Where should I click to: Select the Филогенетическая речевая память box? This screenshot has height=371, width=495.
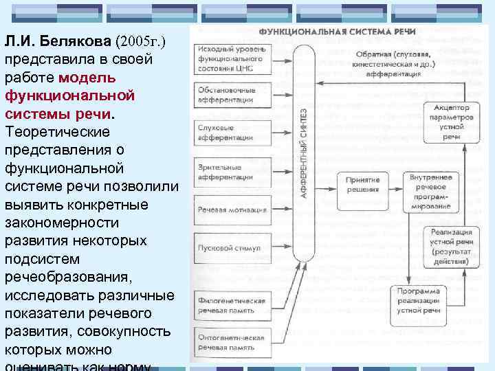coord(231,305)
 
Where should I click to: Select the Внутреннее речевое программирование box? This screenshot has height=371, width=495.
coord(430,190)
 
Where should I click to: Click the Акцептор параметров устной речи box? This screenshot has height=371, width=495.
coord(450,122)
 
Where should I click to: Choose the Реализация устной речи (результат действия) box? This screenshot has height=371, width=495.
coord(450,247)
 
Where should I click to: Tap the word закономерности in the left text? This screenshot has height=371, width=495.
coord(61,223)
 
